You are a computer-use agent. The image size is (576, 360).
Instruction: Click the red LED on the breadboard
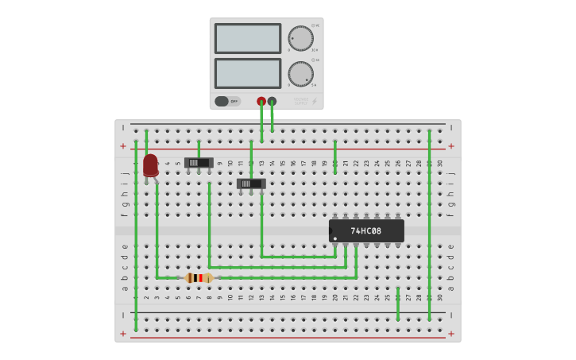click(x=150, y=165)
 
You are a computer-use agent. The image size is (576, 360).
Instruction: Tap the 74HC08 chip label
click(x=366, y=231)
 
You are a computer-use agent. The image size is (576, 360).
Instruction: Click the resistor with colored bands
click(x=198, y=278)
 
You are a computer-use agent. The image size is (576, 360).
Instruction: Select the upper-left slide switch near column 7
click(x=198, y=163)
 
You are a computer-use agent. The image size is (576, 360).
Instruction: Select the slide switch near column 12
click(x=251, y=184)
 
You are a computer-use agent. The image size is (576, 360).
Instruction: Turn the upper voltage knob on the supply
click(x=300, y=38)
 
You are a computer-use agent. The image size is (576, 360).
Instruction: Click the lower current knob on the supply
click(x=300, y=74)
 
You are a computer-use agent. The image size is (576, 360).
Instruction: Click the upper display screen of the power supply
click(x=247, y=38)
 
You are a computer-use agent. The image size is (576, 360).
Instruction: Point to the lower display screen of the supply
click(x=247, y=73)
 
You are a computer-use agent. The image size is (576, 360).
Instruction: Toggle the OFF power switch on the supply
click(x=226, y=101)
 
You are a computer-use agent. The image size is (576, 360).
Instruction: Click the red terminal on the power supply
click(x=261, y=101)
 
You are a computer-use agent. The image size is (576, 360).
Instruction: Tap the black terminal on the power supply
click(x=272, y=101)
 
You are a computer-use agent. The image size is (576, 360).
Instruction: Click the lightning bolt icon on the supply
click(x=314, y=101)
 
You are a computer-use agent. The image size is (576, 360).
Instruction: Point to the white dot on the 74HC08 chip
click(x=335, y=238)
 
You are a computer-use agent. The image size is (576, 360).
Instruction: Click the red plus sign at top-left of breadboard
click(x=123, y=146)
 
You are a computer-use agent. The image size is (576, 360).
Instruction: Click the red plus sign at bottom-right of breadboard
click(x=451, y=334)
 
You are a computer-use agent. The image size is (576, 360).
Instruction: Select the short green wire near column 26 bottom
click(x=398, y=304)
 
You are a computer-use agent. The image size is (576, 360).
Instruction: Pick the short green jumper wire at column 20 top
click(x=335, y=157)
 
